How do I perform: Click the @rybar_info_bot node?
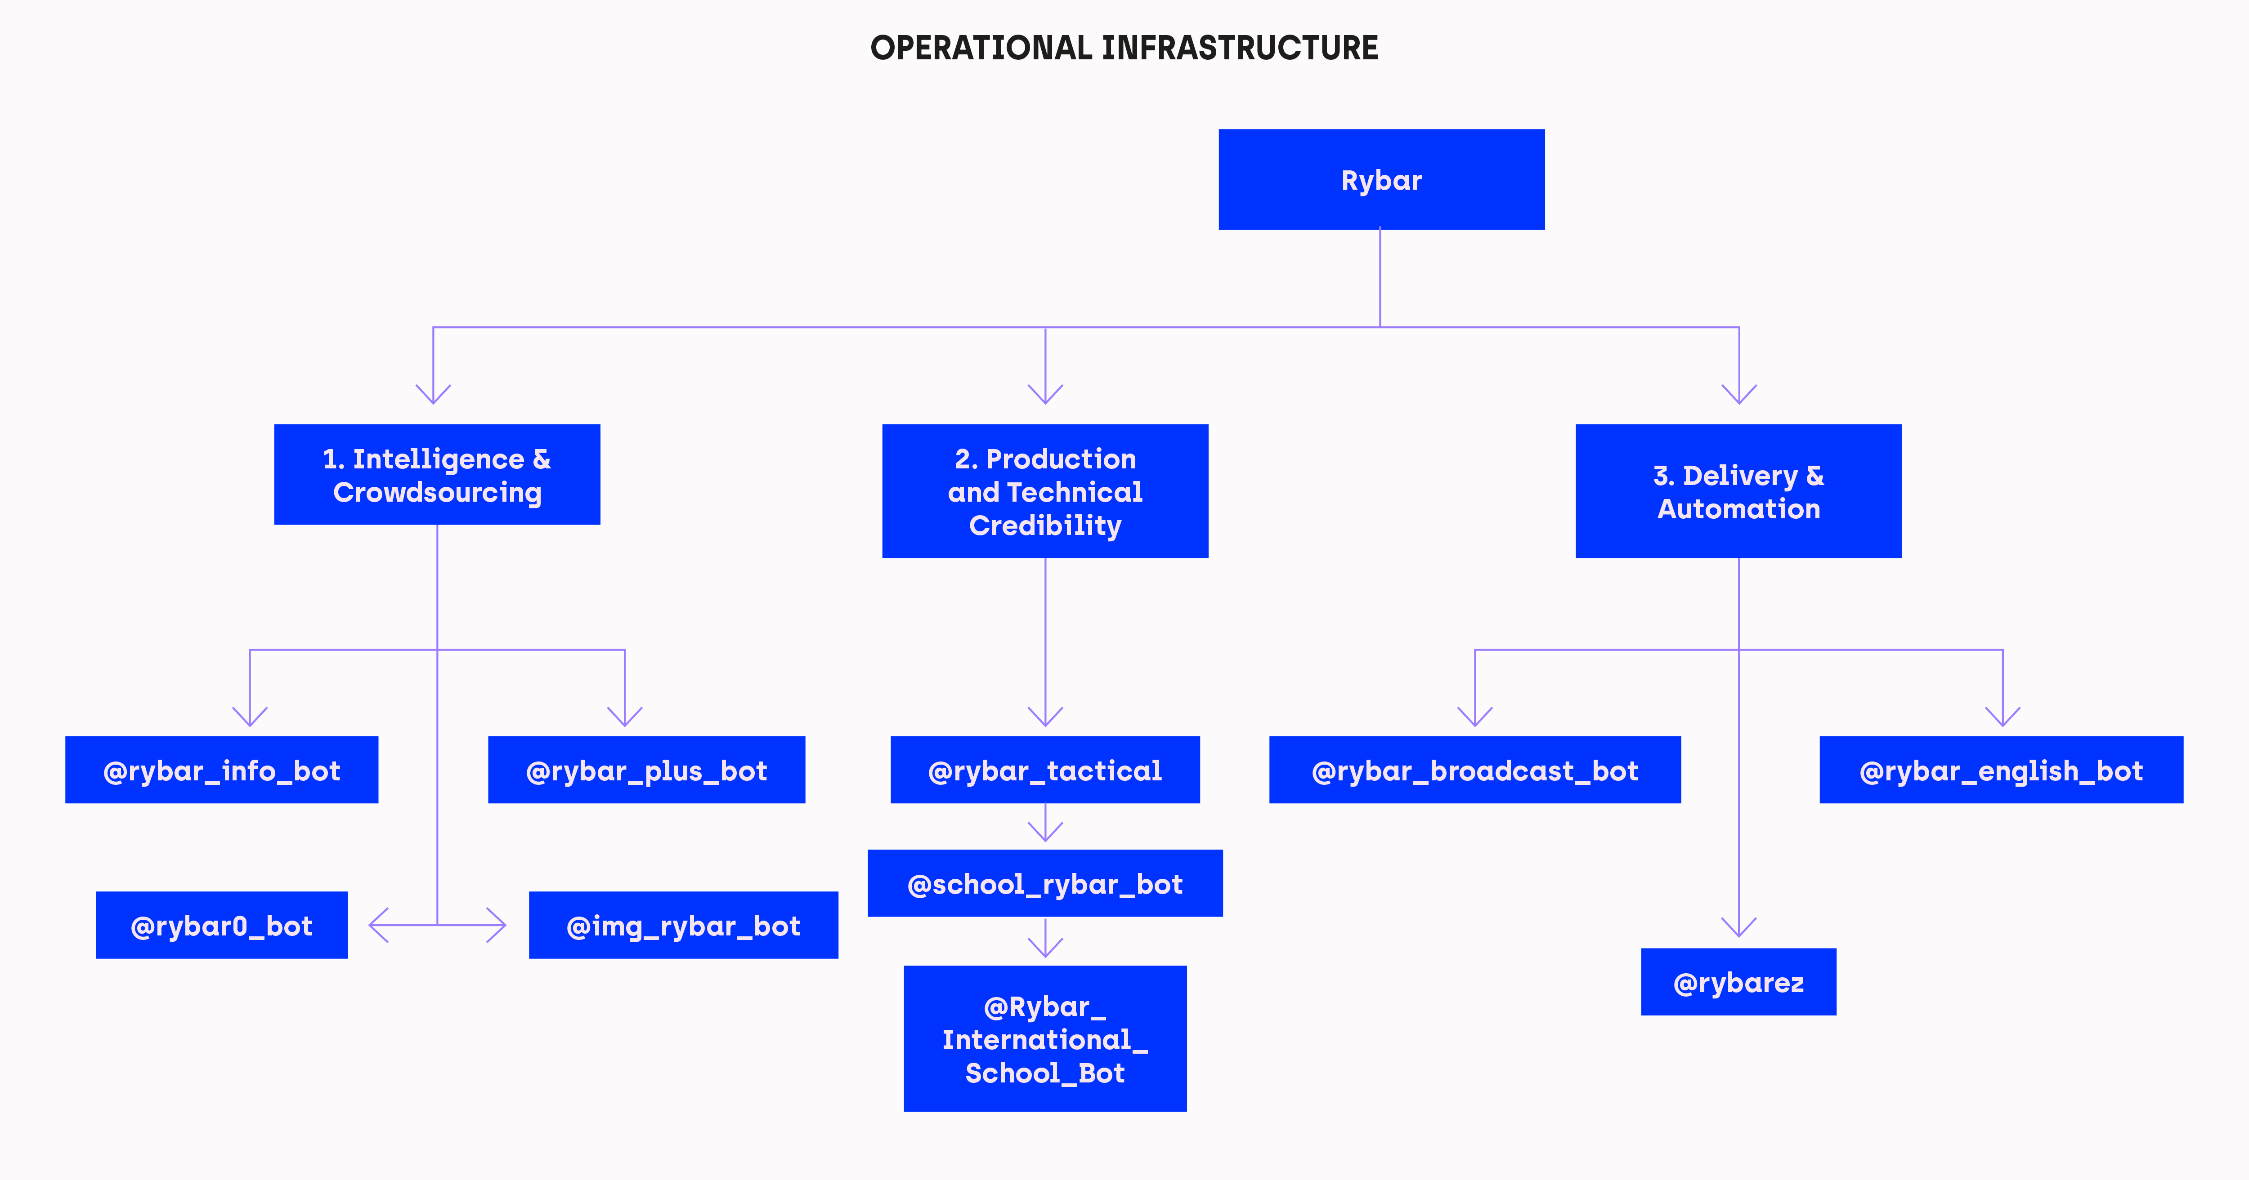222,769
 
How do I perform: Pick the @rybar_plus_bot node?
646,769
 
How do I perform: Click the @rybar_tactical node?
1045,769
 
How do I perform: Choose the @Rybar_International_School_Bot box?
1045,1038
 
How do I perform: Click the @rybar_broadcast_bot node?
1474,769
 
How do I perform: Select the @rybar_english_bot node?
2001,769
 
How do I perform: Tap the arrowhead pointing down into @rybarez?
1738,927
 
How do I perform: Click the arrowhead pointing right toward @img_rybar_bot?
496,925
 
